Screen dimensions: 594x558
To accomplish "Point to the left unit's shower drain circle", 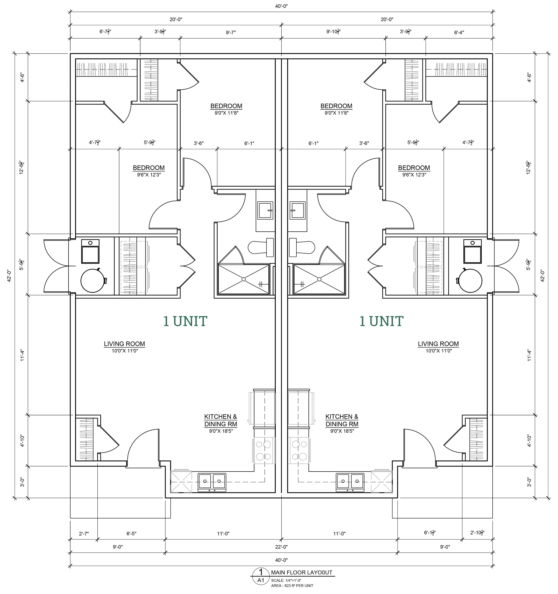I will click(x=243, y=279).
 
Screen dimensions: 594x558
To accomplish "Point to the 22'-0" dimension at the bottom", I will click(x=281, y=547).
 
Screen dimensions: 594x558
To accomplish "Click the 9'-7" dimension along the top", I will click(x=231, y=32).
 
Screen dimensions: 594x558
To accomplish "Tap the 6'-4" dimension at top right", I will click(x=459, y=32).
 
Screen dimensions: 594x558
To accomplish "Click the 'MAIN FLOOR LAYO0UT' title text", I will click(x=301, y=572).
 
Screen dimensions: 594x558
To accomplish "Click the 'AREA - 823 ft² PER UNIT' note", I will click(x=292, y=586).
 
